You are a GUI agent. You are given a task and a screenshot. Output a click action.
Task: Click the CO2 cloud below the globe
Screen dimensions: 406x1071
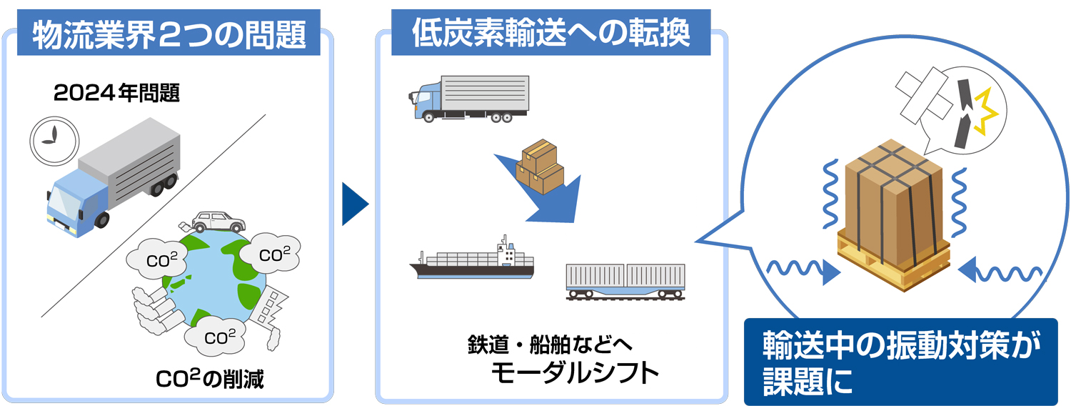[x=215, y=336]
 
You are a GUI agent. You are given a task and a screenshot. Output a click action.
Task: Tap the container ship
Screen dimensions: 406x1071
[x=471, y=261]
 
